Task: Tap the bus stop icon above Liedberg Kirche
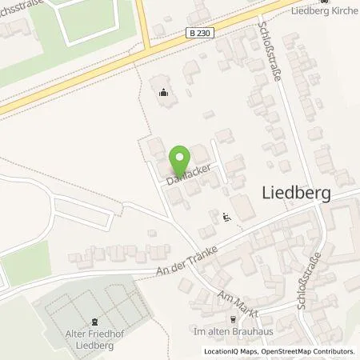(323, 2)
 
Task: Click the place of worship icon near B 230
(164, 92)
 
